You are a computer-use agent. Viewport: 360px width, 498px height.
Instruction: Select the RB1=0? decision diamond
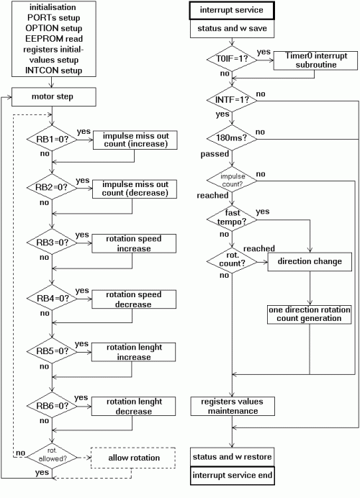[x=52, y=138]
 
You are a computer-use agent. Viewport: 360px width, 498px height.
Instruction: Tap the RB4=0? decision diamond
[x=52, y=298]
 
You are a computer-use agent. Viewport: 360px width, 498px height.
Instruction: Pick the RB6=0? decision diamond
[x=52, y=405]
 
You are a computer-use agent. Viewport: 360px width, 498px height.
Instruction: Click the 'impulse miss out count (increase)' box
[x=135, y=140]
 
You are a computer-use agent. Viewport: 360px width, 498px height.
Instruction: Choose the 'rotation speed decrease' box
[x=134, y=299]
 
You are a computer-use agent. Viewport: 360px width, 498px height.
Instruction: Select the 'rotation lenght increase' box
[x=133, y=352]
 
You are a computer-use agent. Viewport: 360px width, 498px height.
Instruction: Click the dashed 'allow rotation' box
[x=133, y=458]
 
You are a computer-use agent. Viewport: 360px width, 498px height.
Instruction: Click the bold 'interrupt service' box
[x=232, y=11]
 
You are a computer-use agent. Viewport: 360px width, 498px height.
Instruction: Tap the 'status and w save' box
[x=232, y=29]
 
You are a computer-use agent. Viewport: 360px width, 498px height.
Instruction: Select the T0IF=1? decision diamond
[x=232, y=59]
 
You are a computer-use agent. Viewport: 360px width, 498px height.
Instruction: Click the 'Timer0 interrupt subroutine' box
[x=315, y=60]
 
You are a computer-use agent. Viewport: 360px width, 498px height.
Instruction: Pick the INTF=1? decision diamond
[x=232, y=99]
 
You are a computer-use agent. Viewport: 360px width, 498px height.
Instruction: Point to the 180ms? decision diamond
[x=232, y=138]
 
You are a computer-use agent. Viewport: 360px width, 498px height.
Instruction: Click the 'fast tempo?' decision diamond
[x=232, y=219]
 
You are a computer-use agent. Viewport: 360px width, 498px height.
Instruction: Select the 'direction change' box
[x=310, y=262]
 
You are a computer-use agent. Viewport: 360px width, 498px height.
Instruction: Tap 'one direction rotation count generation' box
[x=310, y=314]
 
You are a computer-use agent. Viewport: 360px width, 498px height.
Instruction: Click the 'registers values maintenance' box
[x=233, y=406]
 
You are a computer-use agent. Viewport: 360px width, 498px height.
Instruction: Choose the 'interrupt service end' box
[x=233, y=476]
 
